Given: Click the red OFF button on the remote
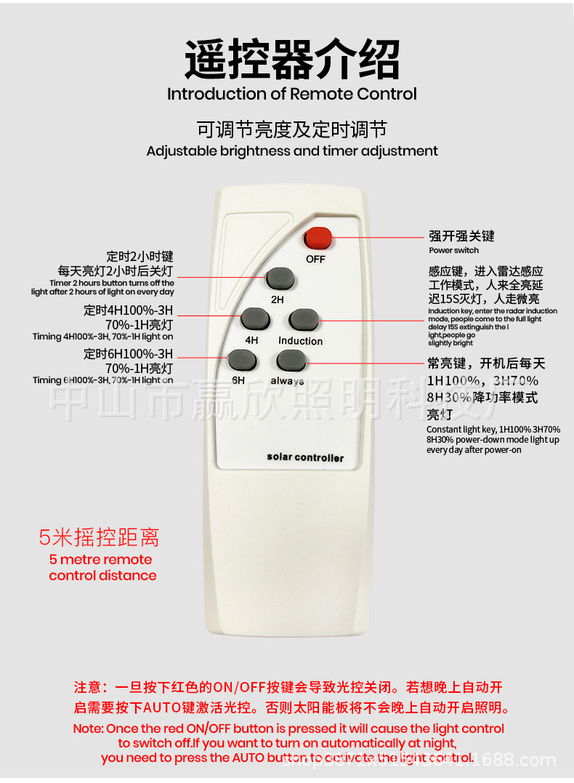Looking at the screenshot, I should click(318, 238).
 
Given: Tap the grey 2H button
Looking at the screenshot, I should click(279, 278).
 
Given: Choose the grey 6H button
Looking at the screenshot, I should click(242, 359).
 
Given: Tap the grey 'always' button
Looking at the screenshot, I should click(289, 359).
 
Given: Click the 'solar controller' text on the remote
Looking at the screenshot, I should click(305, 457).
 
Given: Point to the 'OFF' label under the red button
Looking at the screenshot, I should click(315, 259).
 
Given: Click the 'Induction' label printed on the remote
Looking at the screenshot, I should click(300, 340).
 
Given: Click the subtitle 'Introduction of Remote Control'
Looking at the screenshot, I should click(292, 94).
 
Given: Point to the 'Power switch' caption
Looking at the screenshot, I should click(453, 250).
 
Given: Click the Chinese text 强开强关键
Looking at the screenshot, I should click(461, 236).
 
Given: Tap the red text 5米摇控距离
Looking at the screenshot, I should click(99, 538).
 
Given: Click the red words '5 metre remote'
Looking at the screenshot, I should click(101, 560).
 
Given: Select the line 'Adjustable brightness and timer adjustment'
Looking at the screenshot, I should click(292, 151).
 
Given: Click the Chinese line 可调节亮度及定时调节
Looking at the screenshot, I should click(292, 129).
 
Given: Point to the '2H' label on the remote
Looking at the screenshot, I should click(278, 299).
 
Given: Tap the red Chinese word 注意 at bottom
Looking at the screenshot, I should click(90, 687).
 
